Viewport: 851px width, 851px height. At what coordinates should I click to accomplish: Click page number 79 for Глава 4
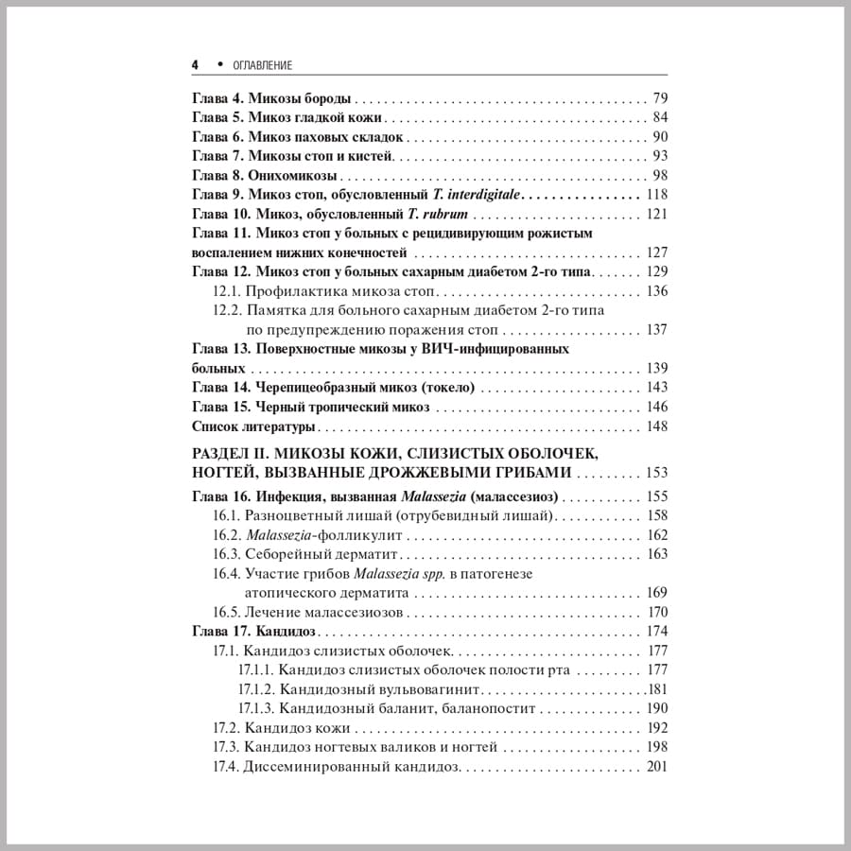(x=660, y=97)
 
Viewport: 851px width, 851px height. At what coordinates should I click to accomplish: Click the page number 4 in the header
(x=195, y=65)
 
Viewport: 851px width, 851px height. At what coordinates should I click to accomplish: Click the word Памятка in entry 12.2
(x=278, y=310)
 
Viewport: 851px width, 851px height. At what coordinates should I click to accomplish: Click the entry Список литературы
(x=252, y=426)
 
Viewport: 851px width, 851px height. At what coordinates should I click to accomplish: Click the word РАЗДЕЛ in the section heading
(x=224, y=453)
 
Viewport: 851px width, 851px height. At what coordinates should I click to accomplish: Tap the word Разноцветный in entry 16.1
(x=292, y=515)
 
